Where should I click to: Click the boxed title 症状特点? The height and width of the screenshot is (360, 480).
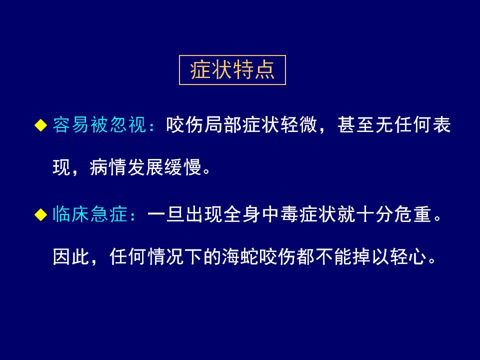tap(232, 70)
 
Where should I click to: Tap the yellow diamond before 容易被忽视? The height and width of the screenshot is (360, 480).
tap(40, 125)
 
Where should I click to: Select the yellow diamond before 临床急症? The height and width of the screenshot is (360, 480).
tap(40, 214)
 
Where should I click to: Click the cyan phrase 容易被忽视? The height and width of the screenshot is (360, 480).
tap(99, 125)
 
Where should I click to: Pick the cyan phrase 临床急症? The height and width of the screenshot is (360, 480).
tap(90, 214)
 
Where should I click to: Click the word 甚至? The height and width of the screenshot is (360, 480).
tap(356, 125)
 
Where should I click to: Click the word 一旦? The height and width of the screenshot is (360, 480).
tap(166, 214)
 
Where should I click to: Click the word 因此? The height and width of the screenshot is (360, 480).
tap(71, 256)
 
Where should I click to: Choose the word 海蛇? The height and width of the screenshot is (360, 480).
tap(240, 256)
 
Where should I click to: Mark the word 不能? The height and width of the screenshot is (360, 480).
tap(333, 256)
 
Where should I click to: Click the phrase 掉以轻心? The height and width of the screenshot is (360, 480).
tap(389, 256)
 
